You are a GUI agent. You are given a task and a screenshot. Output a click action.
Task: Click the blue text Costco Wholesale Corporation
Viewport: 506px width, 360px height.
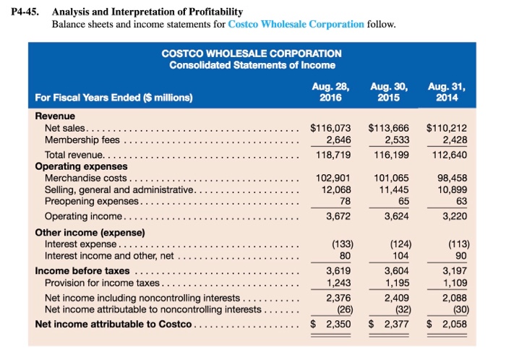(296, 24)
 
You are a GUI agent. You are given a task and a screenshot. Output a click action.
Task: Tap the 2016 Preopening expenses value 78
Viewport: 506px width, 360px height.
(345, 200)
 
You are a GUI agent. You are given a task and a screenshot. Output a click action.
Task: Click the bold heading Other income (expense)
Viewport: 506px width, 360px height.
(90, 233)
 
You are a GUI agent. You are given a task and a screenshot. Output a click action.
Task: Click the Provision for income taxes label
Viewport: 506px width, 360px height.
(106, 282)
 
